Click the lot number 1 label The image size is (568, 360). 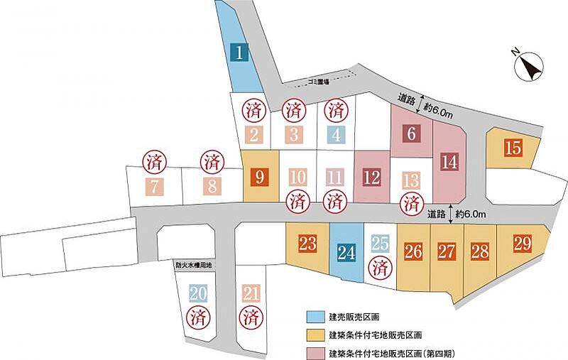pos(239,52)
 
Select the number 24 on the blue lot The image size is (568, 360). pos(346,252)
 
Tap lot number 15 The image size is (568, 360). pos(513,148)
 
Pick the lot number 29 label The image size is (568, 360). pos(523,244)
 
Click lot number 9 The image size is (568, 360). pos(260,177)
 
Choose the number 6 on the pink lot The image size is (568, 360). pos(412,133)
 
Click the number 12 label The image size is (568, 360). pos(371,178)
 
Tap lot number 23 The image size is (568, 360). pos(308,243)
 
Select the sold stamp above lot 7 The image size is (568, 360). pos(154,161)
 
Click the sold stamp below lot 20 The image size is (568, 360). pos(198,317)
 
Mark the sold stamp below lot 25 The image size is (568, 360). pos(381,268)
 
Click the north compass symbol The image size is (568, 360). pos(530,66)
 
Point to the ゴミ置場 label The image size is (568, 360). pos(319,82)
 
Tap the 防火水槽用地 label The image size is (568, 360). pos(193,266)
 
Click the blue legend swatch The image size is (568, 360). pos(315,317)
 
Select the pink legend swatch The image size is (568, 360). pos(315,353)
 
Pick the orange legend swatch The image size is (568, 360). pos(315,335)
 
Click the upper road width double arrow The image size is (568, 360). pos(420,104)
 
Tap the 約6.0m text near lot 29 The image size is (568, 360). pos(471,214)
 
